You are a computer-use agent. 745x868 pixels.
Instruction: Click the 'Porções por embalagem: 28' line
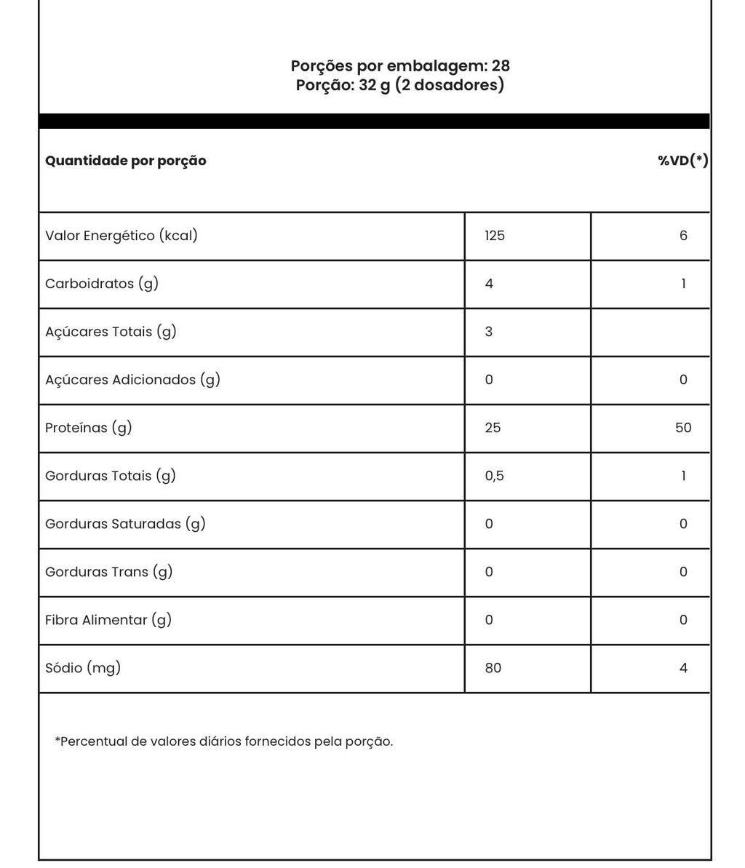400,66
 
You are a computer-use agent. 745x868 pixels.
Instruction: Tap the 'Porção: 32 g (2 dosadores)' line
400,85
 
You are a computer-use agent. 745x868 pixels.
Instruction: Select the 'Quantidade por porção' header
126,161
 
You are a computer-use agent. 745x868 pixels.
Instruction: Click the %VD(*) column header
682,161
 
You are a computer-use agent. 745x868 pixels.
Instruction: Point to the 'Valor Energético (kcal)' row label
121,236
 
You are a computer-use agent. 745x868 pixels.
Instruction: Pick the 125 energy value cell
495,236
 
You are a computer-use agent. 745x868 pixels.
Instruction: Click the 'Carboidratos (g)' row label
102,284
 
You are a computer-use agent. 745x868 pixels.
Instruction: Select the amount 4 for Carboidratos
489,284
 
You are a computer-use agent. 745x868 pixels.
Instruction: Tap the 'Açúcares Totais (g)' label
111,332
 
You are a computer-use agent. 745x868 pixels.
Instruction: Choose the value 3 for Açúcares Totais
489,332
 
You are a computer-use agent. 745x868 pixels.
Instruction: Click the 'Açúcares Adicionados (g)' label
132,380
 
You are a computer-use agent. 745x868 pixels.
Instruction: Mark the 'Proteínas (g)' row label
89,428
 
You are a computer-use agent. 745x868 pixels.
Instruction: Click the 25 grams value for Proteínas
493,428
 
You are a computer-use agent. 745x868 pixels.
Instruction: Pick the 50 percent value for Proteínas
683,428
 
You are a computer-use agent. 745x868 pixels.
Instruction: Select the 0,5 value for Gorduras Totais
494,476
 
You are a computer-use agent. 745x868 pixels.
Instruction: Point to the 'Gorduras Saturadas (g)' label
125,524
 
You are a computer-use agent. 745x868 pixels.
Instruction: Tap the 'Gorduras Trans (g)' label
109,572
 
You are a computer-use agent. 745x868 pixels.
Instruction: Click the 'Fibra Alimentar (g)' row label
108,620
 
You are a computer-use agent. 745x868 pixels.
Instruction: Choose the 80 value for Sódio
493,668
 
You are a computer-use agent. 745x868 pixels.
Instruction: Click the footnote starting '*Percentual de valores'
224,742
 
